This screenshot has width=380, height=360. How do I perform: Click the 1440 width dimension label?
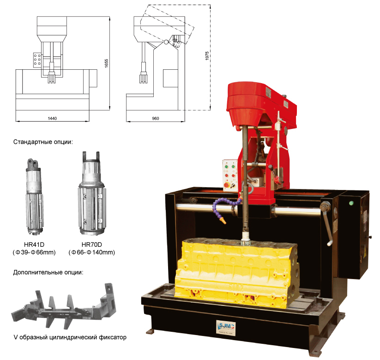(52, 118)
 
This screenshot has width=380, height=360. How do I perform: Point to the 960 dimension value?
(155, 118)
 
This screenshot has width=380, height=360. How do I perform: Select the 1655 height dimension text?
(106, 63)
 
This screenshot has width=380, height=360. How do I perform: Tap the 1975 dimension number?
(207, 56)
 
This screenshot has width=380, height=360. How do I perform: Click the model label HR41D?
(34, 244)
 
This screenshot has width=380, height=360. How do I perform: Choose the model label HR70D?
(91, 244)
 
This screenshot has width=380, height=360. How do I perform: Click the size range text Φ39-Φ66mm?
(34, 252)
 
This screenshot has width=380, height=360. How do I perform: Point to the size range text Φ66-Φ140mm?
(91, 252)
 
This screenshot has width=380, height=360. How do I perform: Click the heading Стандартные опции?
(43, 142)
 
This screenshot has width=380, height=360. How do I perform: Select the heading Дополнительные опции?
(48, 272)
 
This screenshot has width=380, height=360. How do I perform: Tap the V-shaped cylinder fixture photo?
(64, 305)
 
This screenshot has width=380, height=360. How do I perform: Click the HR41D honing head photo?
(35, 196)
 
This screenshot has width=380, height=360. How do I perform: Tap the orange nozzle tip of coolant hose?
(222, 220)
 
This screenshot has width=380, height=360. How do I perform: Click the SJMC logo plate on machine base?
(226, 328)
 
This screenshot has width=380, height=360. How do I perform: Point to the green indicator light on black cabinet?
(351, 203)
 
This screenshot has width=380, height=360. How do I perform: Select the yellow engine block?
(236, 273)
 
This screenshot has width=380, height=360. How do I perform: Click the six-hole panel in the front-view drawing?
(37, 60)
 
